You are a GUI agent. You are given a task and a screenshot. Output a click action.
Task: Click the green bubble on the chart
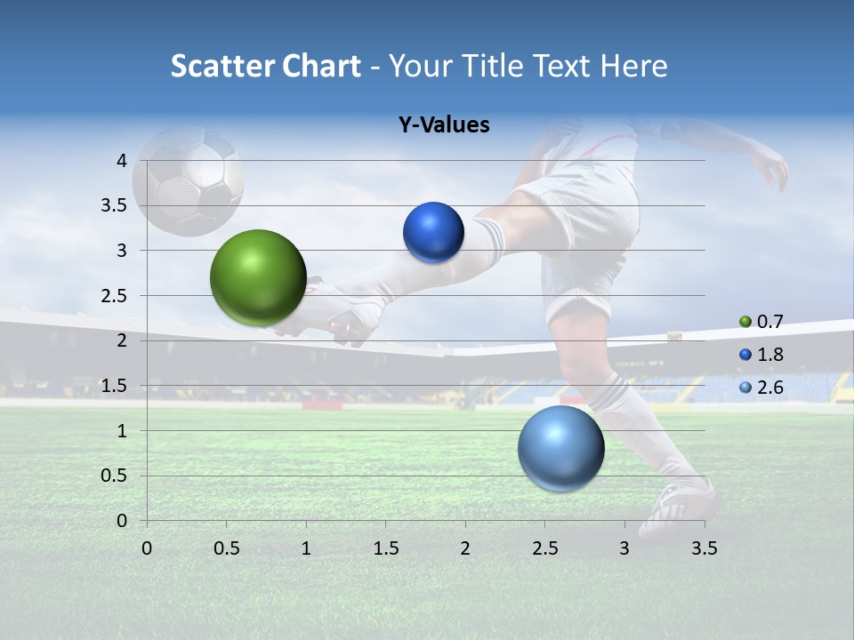pos(258,277)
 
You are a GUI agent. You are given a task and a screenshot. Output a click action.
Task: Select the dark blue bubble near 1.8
pos(433,233)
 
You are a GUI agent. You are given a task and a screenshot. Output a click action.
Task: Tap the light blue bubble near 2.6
pos(560,448)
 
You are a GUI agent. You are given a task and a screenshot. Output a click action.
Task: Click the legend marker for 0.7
pos(745,322)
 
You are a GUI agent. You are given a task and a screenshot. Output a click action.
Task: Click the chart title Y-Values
pos(443,125)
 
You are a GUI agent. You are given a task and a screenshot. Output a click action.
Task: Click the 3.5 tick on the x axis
pos(704,548)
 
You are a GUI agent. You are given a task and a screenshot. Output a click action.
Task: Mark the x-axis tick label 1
pos(306,548)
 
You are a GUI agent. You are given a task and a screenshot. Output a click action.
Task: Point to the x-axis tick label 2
pos(465,548)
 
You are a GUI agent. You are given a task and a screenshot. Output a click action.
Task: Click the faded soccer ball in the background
pos(188,180)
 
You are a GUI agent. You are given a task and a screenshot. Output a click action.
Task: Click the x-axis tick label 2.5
pos(544,548)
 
